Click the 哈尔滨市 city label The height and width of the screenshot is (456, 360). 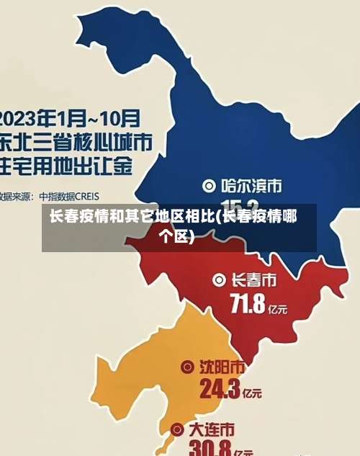pos(251,186)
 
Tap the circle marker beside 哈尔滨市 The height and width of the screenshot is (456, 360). pos(210,186)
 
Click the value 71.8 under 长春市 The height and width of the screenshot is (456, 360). pos(247,305)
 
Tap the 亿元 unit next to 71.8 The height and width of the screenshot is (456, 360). pos(277,309)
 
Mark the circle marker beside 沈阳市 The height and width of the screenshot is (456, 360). pos(186,367)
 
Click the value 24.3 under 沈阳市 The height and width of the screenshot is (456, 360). pos(220,390)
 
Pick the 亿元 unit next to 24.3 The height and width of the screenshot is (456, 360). pos(252,394)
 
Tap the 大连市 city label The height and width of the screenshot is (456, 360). pos(212,429)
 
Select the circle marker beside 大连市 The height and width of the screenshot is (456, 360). pos(177,430)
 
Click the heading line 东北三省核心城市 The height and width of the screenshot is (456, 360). pos(76,140)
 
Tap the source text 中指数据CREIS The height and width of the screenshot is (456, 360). pos(69,195)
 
